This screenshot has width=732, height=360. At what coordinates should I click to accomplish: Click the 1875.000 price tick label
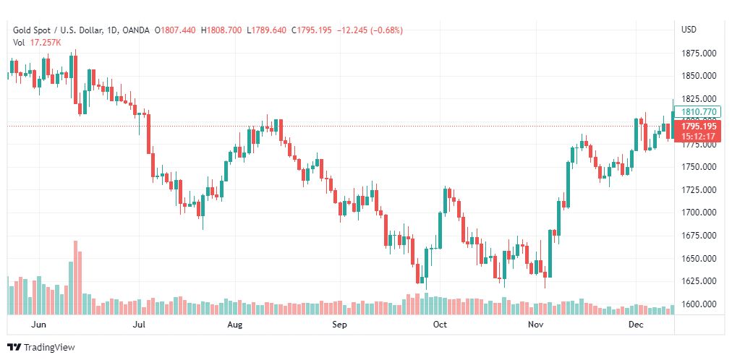click(x=698, y=53)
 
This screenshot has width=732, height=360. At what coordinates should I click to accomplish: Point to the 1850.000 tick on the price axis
click(x=698, y=76)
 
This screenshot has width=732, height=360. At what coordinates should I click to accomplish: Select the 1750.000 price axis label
click(x=698, y=167)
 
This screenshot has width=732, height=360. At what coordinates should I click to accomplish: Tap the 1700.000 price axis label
click(x=698, y=213)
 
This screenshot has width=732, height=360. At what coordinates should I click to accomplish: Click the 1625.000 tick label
click(x=698, y=281)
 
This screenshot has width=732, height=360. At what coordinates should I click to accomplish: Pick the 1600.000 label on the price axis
click(x=698, y=304)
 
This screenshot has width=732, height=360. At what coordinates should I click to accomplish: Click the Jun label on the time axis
click(x=40, y=325)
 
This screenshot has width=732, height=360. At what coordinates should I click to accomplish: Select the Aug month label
click(x=234, y=325)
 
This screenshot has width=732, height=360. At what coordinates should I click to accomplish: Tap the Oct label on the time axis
click(x=440, y=325)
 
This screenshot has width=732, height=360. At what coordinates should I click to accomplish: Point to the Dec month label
click(x=636, y=325)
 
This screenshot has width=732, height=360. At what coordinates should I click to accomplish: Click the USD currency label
click(x=689, y=30)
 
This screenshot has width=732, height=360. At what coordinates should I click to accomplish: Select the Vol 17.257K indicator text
click(x=37, y=43)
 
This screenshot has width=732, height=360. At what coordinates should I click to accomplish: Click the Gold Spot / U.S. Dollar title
click(x=61, y=30)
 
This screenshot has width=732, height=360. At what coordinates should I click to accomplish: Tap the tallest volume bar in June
click(x=75, y=278)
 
